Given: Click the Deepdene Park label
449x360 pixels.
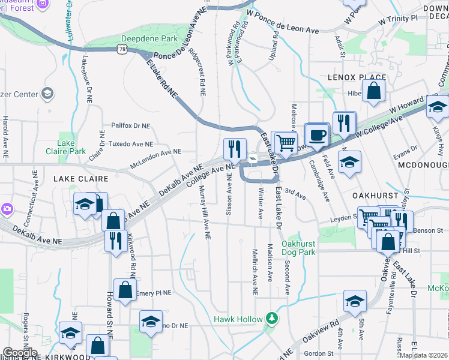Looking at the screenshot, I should pyautogui.click(x=150, y=38).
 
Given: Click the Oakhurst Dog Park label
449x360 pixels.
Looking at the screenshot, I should pyautogui.click(x=298, y=248).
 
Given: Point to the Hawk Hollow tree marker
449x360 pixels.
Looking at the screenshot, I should pyautogui.click(x=271, y=319).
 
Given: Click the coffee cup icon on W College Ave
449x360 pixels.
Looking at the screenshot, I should pyautogui.click(x=317, y=134).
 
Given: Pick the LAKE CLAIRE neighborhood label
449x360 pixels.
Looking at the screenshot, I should pyautogui.click(x=81, y=179).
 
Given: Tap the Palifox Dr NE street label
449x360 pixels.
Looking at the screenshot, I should pyautogui.click(x=130, y=126).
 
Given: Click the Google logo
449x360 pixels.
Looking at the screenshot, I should pyautogui.click(x=20, y=352).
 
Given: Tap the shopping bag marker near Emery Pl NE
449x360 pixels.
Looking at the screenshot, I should pyautogui.click(x=125, y=290).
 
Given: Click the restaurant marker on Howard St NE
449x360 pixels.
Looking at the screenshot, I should pyautogui.click(x=114, y=240).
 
